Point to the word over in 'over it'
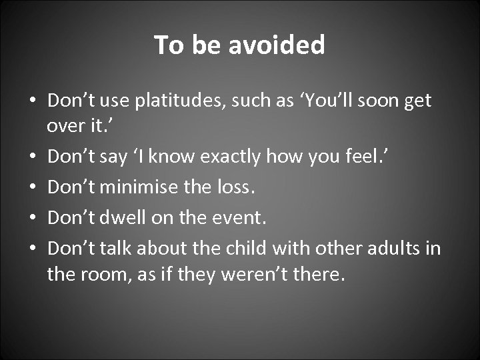pos(65,127)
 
